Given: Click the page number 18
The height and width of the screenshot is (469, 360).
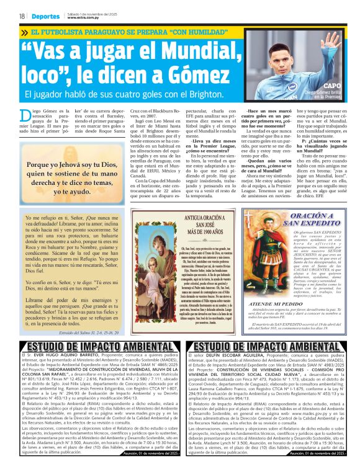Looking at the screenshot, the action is pos(22,16).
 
